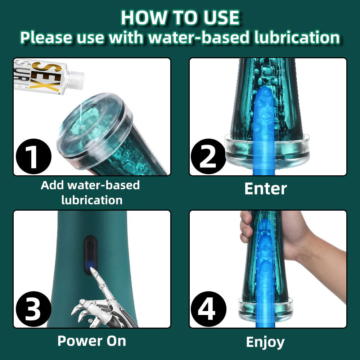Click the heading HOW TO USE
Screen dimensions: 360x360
(180, 18)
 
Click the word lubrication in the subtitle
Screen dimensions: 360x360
(297, 37)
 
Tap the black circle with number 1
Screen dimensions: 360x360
(33, 156)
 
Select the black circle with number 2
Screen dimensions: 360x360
(208, 156)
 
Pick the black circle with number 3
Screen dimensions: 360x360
(33, 309)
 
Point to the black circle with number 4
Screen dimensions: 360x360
(208, 309)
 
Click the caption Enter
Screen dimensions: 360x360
(266, 189)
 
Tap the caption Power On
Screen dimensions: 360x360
(91, 341)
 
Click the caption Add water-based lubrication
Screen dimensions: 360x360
(90, 192)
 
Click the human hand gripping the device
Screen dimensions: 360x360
(296, 243)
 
